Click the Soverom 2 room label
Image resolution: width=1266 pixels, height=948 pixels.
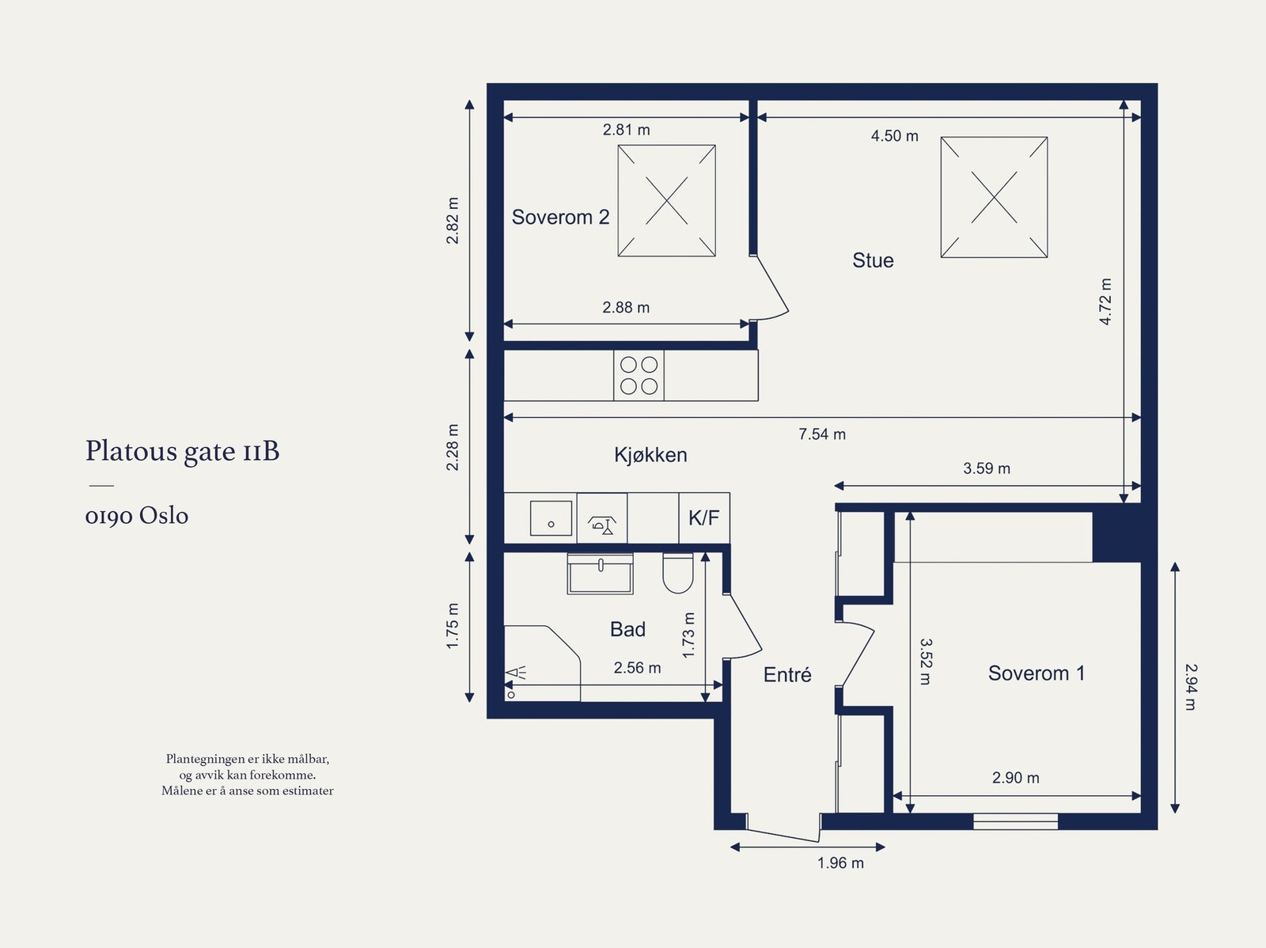[560, 218]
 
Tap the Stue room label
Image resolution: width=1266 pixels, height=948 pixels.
[873, 260]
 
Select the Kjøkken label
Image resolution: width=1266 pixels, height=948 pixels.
[650, 455]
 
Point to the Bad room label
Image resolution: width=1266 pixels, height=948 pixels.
[627, 629]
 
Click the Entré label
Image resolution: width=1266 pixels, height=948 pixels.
[787, 674]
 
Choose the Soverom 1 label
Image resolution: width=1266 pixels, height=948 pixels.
[1037, 673]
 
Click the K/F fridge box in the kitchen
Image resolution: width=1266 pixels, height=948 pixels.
[704, 518]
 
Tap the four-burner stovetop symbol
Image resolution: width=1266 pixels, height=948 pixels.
[639, 375]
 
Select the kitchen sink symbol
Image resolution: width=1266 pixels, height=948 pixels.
[551, 518]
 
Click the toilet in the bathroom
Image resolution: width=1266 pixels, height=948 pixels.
[677, 573]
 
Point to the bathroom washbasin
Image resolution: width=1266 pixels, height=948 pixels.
[601, 573]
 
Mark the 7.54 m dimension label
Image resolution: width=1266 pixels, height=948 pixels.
[822, 434]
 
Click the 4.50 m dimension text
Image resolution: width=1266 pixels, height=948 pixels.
[894, 136]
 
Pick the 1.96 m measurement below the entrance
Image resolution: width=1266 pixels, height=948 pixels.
[840, 863]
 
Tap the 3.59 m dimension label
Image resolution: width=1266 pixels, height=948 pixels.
[986, 468]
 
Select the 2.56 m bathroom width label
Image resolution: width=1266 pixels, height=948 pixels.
[637, 668]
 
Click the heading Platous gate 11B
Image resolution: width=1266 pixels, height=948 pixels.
[182, 451]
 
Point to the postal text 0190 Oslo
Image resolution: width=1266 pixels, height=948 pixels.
[137, 516]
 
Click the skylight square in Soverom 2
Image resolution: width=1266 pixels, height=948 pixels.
[667, 201]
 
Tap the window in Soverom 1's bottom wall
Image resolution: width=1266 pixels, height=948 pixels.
[1016, 821]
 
